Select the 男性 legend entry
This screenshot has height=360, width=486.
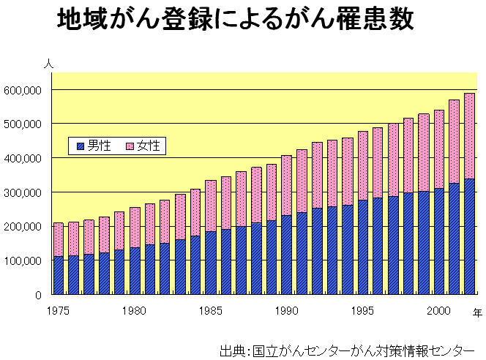93,146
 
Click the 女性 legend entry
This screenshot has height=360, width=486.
143,146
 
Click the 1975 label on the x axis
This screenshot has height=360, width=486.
58,310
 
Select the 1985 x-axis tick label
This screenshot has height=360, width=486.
210,310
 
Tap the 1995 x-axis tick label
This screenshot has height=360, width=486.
362,310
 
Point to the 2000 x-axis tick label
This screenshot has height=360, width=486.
438,310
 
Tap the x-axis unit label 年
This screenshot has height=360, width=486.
477,312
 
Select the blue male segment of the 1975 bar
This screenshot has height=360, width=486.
59,276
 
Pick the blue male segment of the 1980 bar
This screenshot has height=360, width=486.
135,271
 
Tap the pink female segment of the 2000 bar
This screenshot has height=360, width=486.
439,149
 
